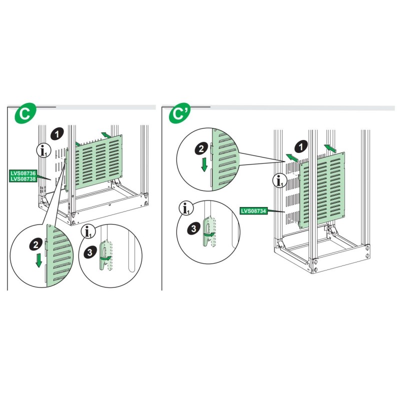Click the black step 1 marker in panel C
(x=57, y=134)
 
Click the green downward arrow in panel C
(x=39, y=260)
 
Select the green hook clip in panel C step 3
(x=104, y=254)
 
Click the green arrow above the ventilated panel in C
(x=105, y=134)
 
